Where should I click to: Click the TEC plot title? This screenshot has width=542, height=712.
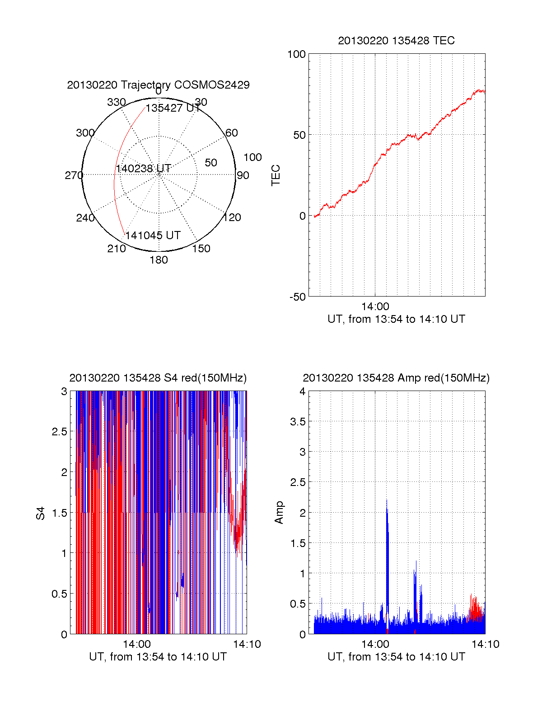tap(396, 41)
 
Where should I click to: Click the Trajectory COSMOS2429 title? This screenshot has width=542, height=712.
tap(158, 85)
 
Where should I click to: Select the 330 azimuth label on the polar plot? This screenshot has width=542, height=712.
tap(116, 102)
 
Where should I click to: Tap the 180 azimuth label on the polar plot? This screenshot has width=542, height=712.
tap(159, 260)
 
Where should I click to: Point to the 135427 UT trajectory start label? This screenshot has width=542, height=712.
tap(173, 108)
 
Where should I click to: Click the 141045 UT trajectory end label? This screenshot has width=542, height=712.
tap(153, 236)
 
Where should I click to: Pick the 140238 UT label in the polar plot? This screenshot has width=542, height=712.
tap(143, 169)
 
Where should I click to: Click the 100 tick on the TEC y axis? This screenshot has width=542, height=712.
tap(296, 54)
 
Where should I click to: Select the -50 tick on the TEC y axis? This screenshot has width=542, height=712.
tap(298, 297)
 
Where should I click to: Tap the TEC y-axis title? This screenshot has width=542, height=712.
tap(276, 175)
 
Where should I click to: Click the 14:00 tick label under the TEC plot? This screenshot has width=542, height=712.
tap(375, 306)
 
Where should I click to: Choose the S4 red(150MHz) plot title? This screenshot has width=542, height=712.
tap(158, 378)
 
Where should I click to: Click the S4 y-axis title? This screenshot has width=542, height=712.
tap(41, 513)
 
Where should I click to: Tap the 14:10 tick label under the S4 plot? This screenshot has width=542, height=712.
tap(247, 644)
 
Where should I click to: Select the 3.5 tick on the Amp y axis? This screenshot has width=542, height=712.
tap(298, 422)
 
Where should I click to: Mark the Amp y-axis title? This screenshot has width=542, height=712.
tap(279, 513)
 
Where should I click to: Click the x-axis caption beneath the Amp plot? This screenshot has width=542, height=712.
tap(396, 657)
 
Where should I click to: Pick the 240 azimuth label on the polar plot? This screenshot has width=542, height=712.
tap(85, 218)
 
